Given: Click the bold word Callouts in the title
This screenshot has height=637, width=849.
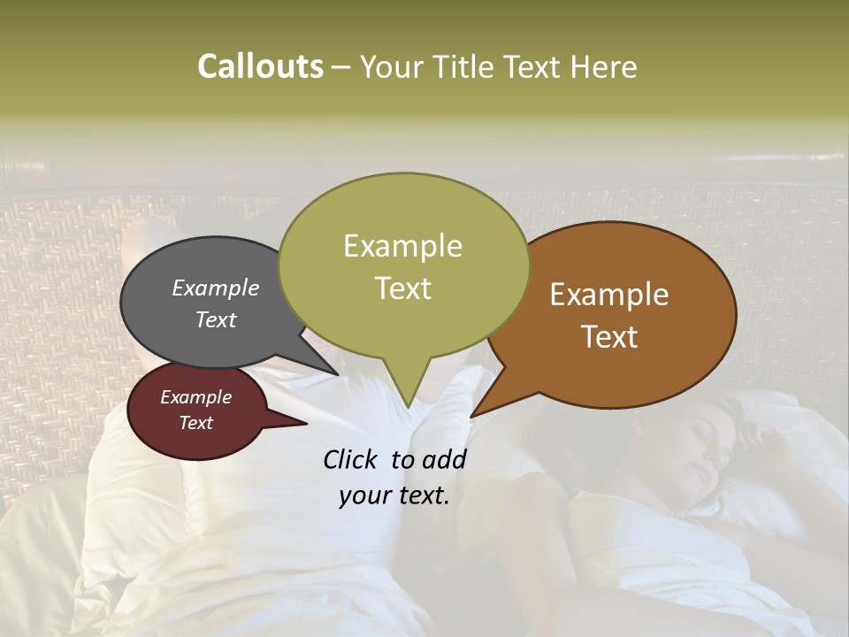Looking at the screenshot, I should point(260,66).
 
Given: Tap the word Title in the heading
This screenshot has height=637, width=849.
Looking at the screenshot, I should point(464,66).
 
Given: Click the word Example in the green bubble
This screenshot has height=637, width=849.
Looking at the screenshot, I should point(402,246).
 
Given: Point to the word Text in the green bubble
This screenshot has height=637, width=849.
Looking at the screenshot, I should point(402,288).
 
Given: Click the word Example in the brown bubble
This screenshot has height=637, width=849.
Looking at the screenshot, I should point(609,295).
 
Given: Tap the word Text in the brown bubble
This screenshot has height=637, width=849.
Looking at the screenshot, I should point(609,336).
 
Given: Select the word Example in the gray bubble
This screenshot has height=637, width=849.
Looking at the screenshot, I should point(215,288).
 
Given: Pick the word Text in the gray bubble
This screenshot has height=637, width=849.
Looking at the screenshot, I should point(215,319).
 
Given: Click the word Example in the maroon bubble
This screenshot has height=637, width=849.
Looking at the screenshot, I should point(195,397).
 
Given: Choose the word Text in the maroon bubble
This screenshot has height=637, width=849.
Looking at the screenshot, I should point(195,423).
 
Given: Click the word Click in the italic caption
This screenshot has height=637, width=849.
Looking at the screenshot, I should point(351,459).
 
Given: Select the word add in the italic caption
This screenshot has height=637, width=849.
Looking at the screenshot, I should point(445,459).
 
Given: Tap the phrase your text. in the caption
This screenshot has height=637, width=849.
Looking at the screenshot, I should point(394,495).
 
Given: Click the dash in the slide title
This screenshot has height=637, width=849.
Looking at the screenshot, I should point(341,67).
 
